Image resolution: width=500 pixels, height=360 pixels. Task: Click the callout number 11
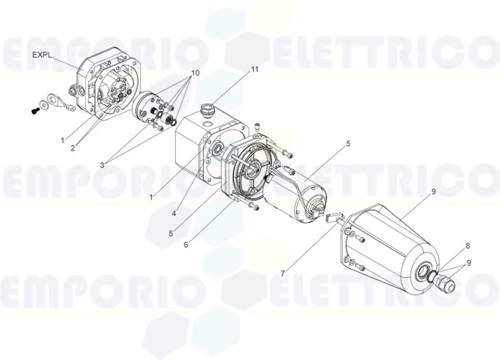click(x=254, y=69)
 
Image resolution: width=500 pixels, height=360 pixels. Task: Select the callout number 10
click(x=195, y=73)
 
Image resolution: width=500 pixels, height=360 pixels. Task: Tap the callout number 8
click(x=467, y=246)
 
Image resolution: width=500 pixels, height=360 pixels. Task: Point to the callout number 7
click(x=282, y=274)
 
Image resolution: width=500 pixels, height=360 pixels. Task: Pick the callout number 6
click(x=186, y=244)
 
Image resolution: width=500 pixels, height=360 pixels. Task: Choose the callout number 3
click(x=102, y=165)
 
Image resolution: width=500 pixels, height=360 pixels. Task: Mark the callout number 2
click(x=73, y=148)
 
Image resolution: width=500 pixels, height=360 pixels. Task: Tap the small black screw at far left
click(x=33, y=111)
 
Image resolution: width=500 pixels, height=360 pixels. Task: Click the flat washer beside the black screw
click(x=46, y=105)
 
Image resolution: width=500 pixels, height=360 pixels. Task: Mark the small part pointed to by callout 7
click(x=332, y=217)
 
